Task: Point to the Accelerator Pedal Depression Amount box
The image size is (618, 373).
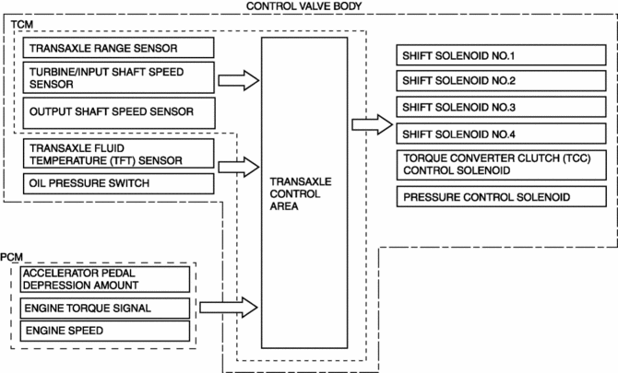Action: point(105,277)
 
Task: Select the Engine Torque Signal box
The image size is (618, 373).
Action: point(105,307)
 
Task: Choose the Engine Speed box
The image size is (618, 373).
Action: point(105,330)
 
